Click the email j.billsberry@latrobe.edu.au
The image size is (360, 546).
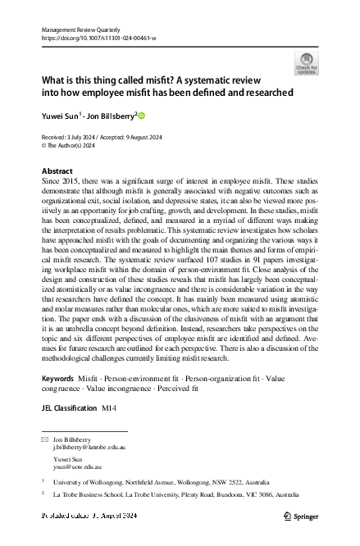pos(89,449)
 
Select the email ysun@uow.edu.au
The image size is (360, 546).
pos(77,467)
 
